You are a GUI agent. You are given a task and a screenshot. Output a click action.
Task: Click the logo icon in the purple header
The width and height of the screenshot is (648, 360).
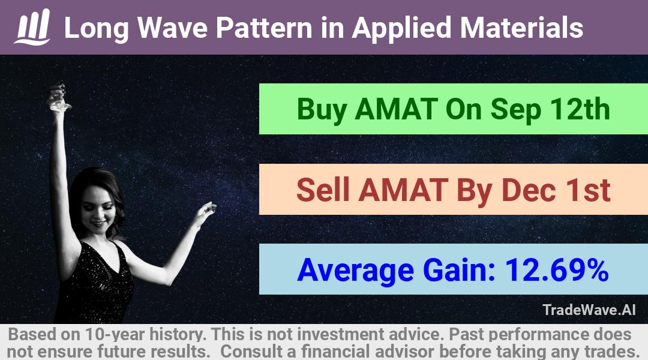(x=32, y=27)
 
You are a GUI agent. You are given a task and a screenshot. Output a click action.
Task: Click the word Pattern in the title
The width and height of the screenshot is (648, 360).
(x=264, y=28)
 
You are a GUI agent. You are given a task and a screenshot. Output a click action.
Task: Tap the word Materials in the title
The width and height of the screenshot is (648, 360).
(x=521, y=28)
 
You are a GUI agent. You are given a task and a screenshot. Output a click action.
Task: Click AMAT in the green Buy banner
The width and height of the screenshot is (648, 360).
(x=397, y=109)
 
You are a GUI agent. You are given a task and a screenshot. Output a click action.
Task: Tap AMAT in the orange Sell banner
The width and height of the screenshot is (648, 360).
(x=403, y=190)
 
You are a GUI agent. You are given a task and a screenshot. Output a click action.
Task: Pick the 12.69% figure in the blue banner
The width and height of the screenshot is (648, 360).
(x=557, y=270)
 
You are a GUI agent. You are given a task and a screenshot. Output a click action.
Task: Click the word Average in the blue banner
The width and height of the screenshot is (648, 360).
(x=355, y=271)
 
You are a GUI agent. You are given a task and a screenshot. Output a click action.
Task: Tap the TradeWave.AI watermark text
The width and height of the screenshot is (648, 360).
(x=589, y=310)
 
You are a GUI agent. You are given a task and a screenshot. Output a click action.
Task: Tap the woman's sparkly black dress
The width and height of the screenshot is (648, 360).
(x=95, y=285)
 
